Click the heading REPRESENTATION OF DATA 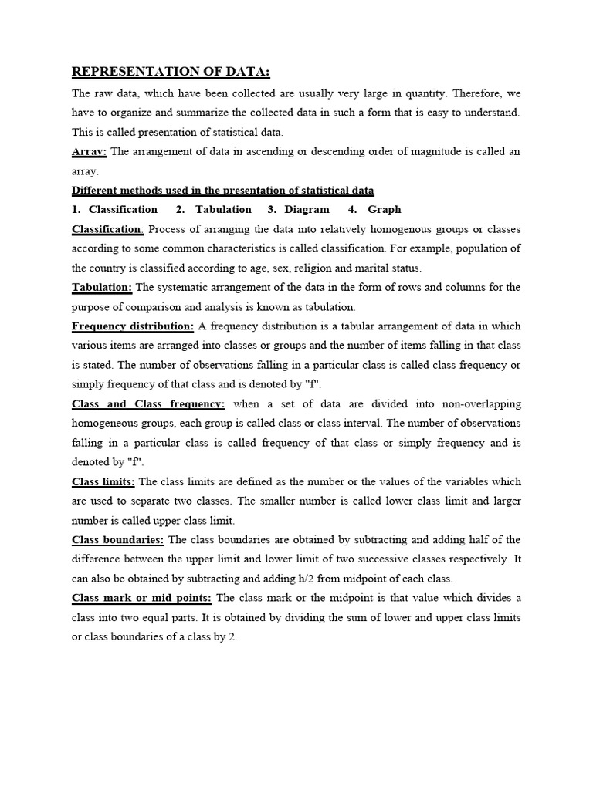[171, 73]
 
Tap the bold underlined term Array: [89, 151]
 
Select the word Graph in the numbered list [384, 209]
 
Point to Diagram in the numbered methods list [307, 209]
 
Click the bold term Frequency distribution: [133, 326]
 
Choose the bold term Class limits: [103, 482]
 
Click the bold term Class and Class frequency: [148, 403]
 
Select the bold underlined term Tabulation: [102, 287]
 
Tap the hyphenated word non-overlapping [479, 404]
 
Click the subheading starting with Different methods [223, 190]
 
